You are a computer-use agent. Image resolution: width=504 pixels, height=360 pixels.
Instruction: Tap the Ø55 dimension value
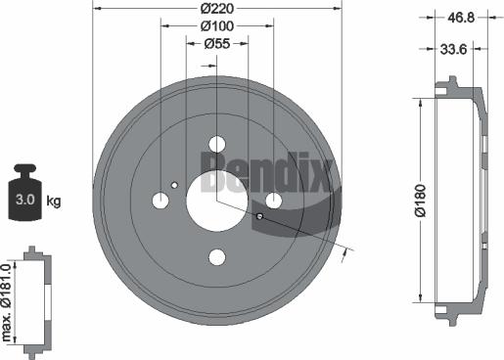point(217,45)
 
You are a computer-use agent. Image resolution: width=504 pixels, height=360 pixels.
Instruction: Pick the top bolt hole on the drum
point(217,142)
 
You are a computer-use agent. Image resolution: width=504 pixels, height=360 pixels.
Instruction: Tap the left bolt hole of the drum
point(160,200)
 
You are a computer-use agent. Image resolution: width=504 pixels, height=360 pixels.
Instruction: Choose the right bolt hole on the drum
point(274,200)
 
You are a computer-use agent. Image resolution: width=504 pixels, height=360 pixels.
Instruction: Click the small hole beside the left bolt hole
point(174,185)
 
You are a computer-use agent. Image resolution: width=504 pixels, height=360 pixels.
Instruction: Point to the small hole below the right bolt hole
point(260,215)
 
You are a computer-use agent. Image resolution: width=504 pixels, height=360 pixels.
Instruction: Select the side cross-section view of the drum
point(460,200)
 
